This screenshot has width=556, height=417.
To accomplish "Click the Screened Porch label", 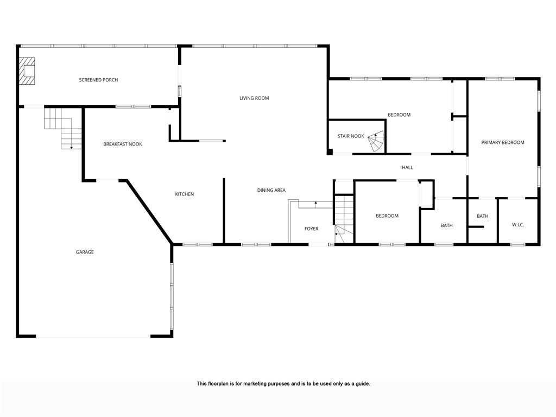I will coord(98,80).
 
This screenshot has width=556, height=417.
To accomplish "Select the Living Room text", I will coord(254,98).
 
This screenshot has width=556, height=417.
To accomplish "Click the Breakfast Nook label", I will coord(123,144).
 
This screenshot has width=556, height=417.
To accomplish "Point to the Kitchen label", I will coord(184,194).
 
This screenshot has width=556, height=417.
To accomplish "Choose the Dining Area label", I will coord(271,191).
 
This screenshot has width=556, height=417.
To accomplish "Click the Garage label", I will coord(85,252).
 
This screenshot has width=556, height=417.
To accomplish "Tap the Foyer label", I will coord(311,229).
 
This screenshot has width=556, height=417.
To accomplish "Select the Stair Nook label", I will coord(351,136).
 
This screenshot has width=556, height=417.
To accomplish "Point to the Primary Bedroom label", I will coord(503,143).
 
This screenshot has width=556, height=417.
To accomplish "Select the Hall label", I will coord(407,168).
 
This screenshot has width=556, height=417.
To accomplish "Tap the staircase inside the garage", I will coord(63,128).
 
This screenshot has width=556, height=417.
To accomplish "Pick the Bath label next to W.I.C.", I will coord(482,217).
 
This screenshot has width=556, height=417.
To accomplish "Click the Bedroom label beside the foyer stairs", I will coord(387,216).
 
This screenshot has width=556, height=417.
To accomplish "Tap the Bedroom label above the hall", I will coord(399,115).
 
